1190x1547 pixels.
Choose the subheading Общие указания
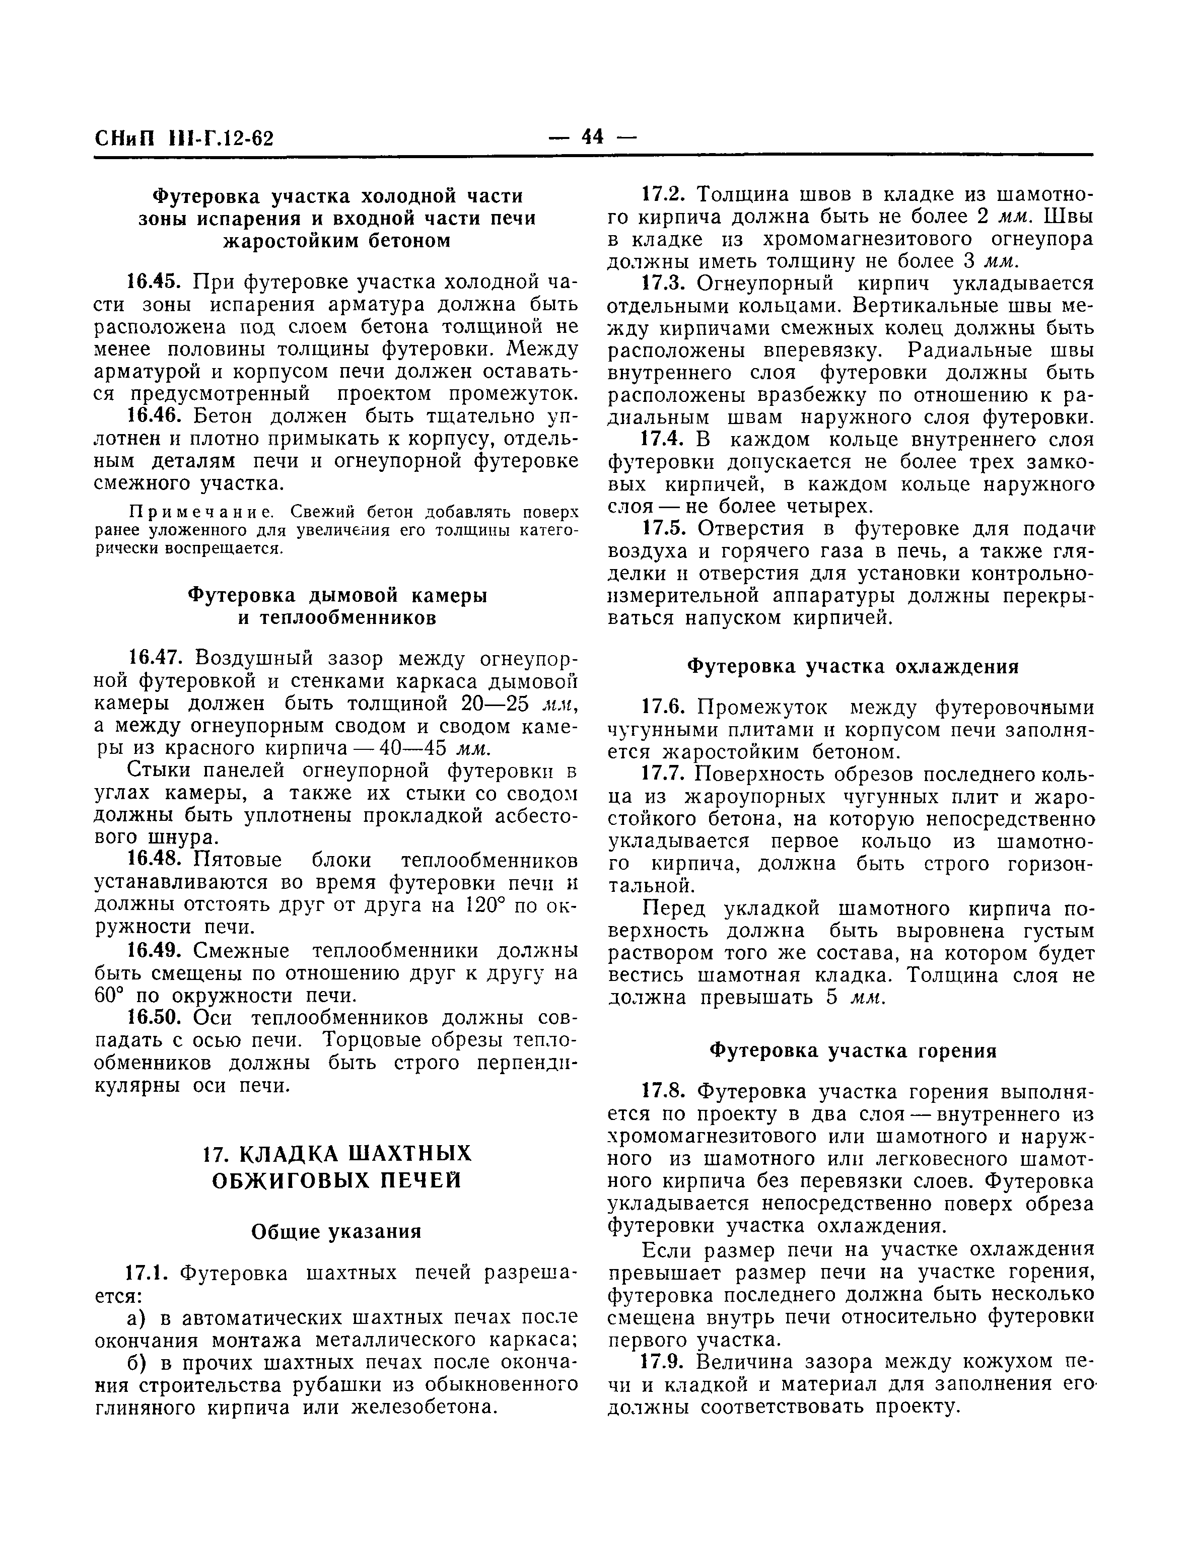pyautogui.click(x=336, y=1232)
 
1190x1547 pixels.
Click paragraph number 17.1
pyautogui.click(x=145, y=1274)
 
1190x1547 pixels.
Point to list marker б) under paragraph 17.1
pyautogui.click(x=136, y=1364)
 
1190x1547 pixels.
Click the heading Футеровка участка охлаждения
pyautogui.click(x=854, y=667)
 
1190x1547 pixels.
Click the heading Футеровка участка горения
pyautogui.click(x=854, y=1050)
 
